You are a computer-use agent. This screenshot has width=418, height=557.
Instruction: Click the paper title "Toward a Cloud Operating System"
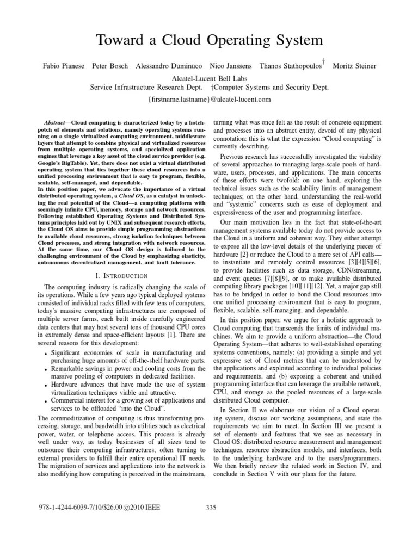[210, 40]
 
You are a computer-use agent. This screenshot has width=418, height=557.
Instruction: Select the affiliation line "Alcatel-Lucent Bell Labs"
[209, 78]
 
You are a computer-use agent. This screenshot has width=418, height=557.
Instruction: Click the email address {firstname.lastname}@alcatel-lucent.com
[209, 100]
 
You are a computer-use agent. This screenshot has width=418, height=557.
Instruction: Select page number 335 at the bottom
[212, 508]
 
